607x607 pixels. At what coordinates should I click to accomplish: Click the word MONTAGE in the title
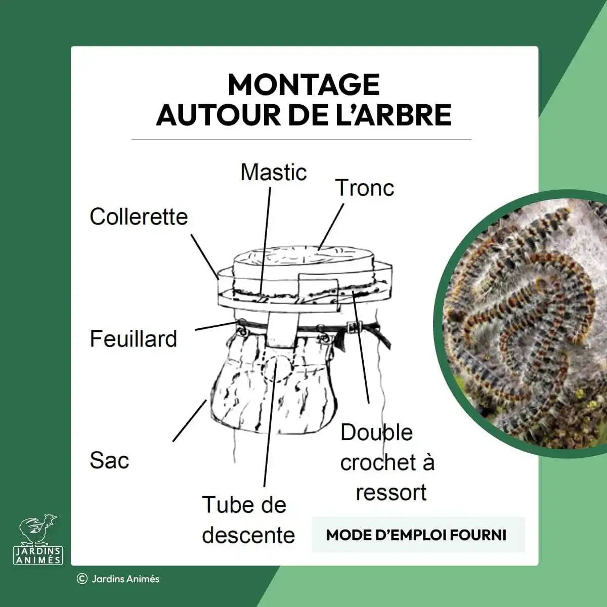pos(303,85)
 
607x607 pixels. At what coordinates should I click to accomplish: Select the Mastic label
pos(274,172)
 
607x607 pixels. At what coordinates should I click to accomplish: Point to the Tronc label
pos(364,188)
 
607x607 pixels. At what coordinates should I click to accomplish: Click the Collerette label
pos(139,217)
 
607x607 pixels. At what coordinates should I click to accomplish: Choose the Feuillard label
pos(134,339)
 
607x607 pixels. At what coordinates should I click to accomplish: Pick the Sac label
pos(109,460)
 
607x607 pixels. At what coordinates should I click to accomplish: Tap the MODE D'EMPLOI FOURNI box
pos(418,535)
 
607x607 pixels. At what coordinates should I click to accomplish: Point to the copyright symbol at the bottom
pos(82,579)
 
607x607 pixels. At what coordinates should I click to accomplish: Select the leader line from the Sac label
pos(190,420)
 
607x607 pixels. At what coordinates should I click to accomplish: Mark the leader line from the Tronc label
pos(331,227)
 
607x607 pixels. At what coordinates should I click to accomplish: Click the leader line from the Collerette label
pos(205,256)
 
